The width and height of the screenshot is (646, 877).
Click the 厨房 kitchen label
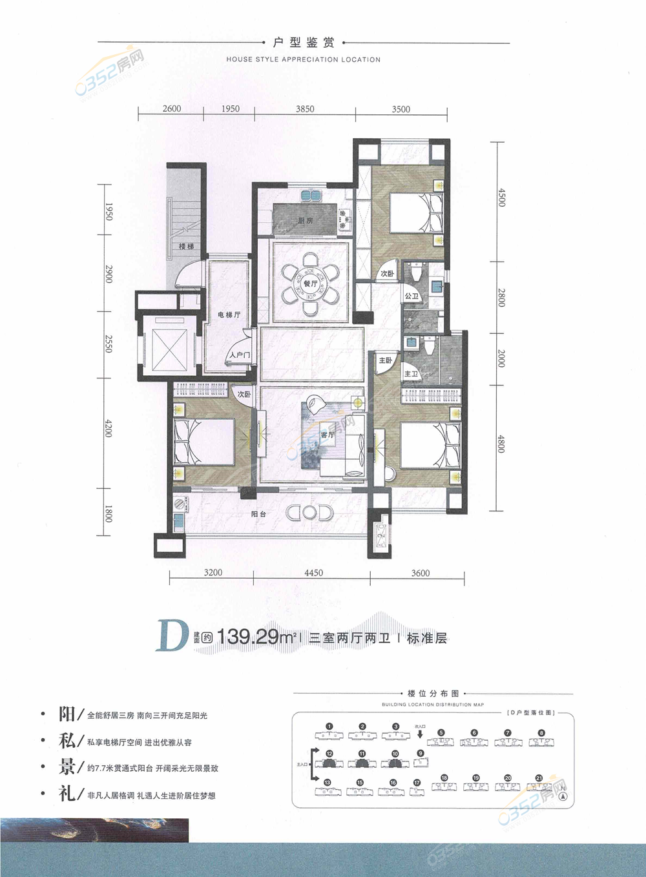[306, 221]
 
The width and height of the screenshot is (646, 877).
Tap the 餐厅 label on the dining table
[311, 284]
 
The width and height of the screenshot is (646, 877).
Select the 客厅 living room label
[328, 435]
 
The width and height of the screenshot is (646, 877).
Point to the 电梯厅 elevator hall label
[229, 315]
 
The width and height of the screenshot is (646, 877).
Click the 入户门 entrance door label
[239, 355]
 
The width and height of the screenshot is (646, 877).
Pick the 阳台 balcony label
[258, 514]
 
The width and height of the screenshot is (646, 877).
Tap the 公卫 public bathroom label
[412, 296]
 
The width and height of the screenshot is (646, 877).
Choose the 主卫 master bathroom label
[411, 374]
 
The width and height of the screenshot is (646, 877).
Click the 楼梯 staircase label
[186, 247]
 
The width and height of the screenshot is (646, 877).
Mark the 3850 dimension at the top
[305, 109]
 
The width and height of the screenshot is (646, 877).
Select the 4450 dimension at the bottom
[313, 573]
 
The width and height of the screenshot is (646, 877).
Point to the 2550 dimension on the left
[109, 344]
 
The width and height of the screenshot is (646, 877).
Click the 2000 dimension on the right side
[501, 359]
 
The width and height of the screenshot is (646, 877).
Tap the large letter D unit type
[171, 637]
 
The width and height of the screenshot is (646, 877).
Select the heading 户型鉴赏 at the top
[304, 43]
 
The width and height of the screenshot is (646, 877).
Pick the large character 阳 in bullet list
[67, 714]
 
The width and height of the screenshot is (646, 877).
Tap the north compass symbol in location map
[564, 796]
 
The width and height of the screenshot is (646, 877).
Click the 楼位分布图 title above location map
[433, 694]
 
